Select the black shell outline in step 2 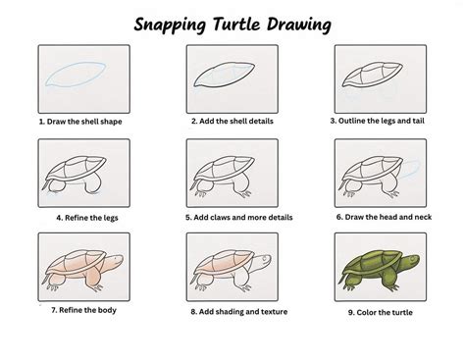pos(225,77)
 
